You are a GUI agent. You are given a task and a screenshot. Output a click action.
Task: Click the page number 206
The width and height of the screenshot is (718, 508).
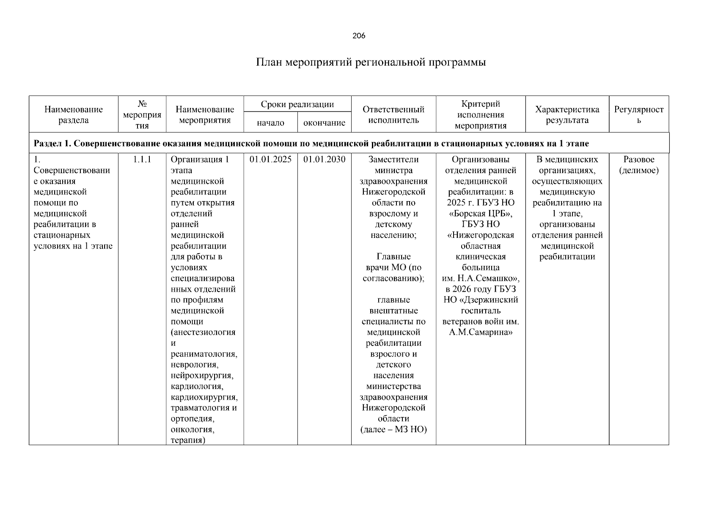click(x=358, y=36)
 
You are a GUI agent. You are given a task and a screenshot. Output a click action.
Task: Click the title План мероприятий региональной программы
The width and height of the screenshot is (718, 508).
click(x=371, y=63)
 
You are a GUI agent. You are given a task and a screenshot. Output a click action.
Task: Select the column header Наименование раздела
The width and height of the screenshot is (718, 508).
click(x=73, y=115)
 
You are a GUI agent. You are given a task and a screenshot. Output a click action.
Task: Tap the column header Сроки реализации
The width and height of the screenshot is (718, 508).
click(x=297, y=104)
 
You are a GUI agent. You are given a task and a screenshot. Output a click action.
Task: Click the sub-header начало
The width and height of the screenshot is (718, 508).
click(x=270, y=123)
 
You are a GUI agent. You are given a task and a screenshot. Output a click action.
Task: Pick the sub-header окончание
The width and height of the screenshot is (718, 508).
click(x=324, y=123)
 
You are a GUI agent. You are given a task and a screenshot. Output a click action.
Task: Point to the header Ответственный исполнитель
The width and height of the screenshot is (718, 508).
click(x=393, y=115)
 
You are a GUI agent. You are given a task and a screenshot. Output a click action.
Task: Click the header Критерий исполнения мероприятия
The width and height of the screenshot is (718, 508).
click(x=480, y=115)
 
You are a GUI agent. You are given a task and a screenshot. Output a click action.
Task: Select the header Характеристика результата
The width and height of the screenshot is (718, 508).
click(x=567, y=115)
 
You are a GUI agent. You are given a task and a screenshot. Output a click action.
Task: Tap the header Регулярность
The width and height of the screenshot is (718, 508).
click(x=638, y=115)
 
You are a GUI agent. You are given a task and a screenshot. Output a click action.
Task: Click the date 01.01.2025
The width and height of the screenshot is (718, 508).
click(x=270, y=160)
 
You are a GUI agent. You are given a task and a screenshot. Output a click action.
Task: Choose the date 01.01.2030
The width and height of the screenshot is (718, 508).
click(x=324, y=160)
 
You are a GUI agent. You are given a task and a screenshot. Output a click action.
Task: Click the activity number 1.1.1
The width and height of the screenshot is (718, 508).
click(x=142, y=160)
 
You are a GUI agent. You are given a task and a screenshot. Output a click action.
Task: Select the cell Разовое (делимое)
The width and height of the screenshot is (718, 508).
click(x=638, y=165)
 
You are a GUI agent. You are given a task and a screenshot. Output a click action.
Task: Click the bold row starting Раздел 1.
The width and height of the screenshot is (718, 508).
click(x=311, y=144)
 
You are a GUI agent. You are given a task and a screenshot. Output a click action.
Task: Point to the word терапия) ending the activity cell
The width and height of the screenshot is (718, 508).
click(x=188, y=440)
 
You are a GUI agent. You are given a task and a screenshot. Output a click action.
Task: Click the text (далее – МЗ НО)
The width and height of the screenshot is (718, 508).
click(x=393, y=430)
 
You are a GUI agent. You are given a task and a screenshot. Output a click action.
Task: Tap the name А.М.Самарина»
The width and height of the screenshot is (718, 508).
click(x=480, y=332)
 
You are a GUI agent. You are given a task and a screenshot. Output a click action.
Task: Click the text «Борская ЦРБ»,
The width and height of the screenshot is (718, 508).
click(x=480, y=213)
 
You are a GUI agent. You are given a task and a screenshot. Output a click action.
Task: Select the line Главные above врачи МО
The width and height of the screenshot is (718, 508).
click(x=393, y=257)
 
